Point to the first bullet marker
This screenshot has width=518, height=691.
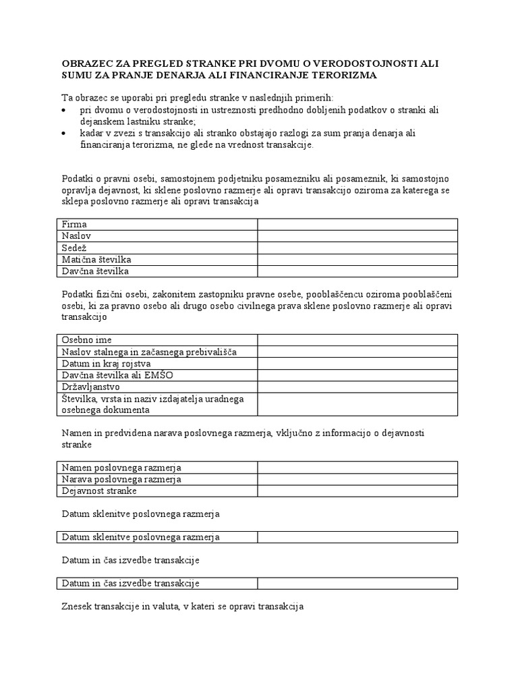pyautogui.click(x=64, y=109)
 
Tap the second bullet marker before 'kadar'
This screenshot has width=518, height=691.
pyautogui.click(x=64, y=134)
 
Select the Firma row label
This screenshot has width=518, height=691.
pyautogui.click(x=74, y=224)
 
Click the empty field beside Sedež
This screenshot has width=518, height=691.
pyautogui.click(x=357, y=248)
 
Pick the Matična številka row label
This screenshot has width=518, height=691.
pyautogui.click(x=96, y=259)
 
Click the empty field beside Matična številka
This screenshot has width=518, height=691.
pyautogui.click(x=357, y=259)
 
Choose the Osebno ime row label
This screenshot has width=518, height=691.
pyautogui.click(x=87, y=339)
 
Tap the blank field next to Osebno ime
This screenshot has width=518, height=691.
pyautogui.click(x=357, y=339)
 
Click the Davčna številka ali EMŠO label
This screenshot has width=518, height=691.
pyautogui.click(x=111, y=375)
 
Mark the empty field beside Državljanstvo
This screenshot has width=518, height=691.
pyautogui.click(x=357, y=387)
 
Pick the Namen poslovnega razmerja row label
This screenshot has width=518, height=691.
pyautogui.click(x=121, y=467)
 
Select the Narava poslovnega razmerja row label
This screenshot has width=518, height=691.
pyautogui.click(x=121, y=479)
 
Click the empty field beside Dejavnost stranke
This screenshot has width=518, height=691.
pyautogui.click(x=357, y=491)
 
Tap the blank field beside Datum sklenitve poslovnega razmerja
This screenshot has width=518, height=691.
pyautogui.click(x=357, y=537)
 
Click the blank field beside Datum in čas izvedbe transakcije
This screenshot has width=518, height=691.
pyautogui.click(x=357, y=583)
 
